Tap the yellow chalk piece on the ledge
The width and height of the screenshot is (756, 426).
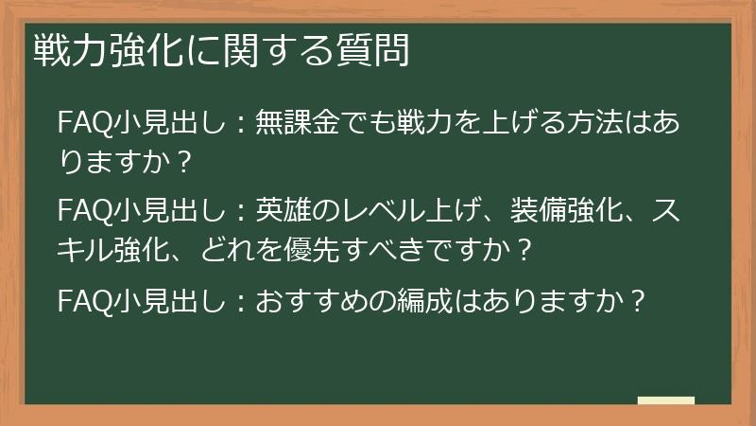point(665,401)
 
